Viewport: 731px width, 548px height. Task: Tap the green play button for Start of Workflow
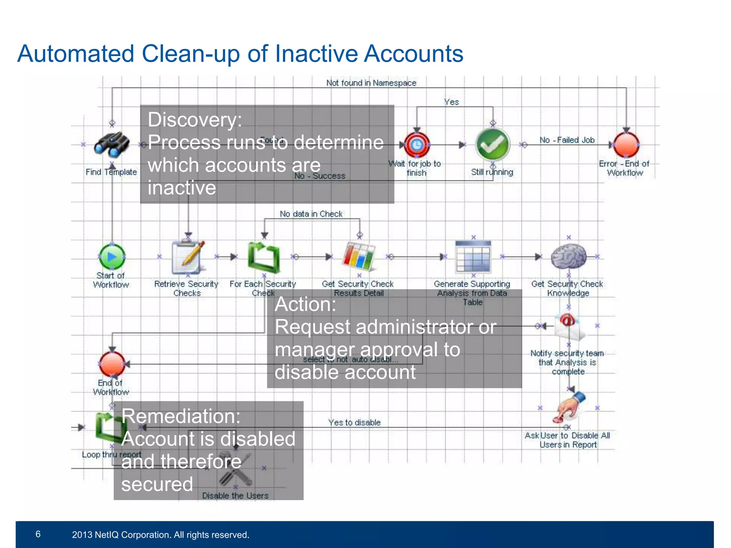(x=112, y=257)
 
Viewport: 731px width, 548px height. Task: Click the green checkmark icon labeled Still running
(x=493, y=145)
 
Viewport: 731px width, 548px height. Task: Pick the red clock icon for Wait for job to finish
(x=417, y=145)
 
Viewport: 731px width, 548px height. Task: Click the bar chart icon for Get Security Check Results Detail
(x=359, y=257)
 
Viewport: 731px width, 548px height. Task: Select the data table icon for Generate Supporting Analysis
(x=473, y=257)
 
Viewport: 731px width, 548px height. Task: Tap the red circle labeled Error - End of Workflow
(x=626, y=145)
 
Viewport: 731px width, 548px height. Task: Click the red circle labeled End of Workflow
(x=112, y=364)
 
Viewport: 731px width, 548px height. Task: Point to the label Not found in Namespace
(x=371, y=83)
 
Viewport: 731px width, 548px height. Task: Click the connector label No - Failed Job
(x=567, y=140)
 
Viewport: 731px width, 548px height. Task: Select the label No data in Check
(x=311, y=214)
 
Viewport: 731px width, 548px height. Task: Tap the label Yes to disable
(x=354, y=423)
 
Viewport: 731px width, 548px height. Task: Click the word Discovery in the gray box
(x=195, y=120)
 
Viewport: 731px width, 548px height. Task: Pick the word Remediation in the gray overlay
(x=181, y=416)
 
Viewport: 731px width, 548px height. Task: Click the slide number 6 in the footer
(x=38, y=534)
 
